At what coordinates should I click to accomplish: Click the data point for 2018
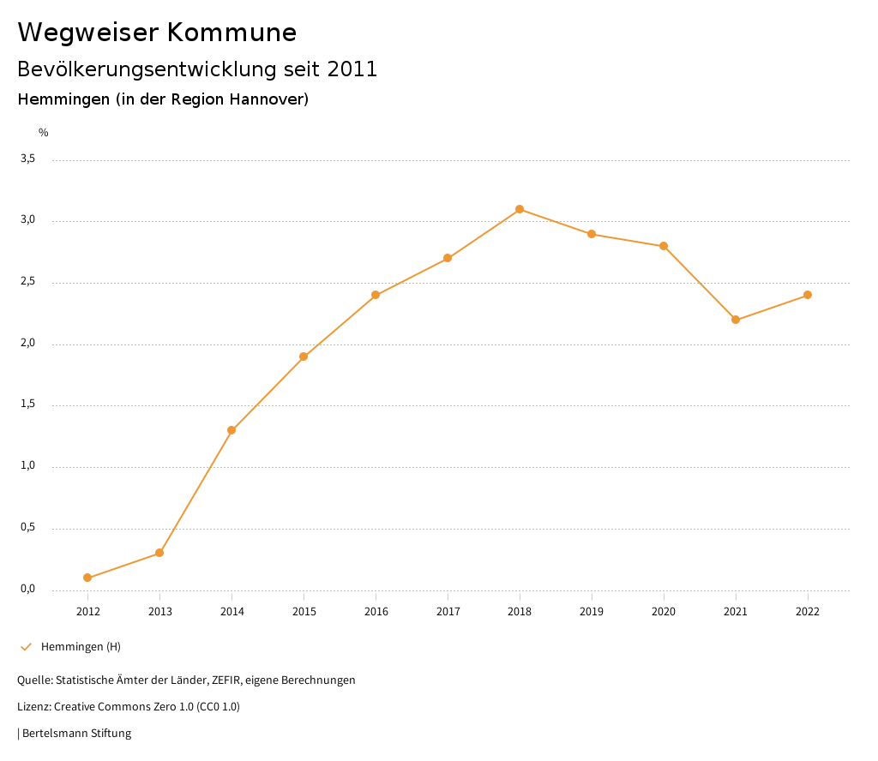[520, 209]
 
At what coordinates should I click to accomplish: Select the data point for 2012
[87, 578]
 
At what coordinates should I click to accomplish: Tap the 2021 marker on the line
[736, 320]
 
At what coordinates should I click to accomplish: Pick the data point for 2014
[232, 430]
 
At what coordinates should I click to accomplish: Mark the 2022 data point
[808, 295]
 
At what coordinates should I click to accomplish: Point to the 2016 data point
[376, 295]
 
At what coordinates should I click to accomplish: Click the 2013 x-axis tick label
[159, 612]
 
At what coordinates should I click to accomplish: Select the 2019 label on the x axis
[592, 612]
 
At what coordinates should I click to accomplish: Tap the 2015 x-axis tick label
[304, 612]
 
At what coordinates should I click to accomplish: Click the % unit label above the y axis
[44, 133]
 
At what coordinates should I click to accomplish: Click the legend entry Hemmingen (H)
[81, 646]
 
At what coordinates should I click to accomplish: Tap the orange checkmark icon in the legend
[26, 646]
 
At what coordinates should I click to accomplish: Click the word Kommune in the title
[232, 33]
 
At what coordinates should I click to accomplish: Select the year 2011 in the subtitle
[352, 69]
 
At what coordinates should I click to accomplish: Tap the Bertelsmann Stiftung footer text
[76, 734]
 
